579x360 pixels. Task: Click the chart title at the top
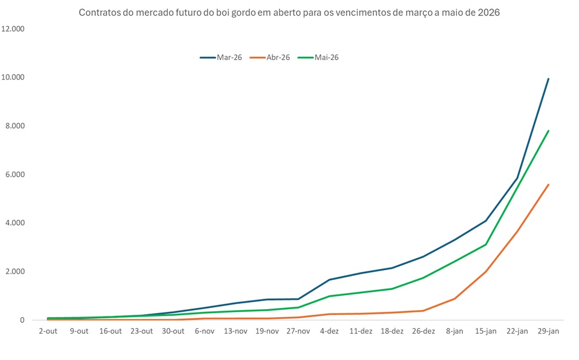tap(289, 13)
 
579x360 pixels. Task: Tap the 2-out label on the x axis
tap(48, 331)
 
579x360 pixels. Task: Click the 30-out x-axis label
tap(174, 331)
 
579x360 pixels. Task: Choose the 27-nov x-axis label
tap(298, 331)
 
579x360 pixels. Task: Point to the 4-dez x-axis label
tap(330, 331)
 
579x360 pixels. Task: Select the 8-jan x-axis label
tap(455, 331)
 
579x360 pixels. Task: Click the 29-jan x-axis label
tap(549, 331)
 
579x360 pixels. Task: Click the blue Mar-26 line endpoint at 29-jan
tap(549, 79)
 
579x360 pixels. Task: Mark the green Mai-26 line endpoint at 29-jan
tap(549, 131)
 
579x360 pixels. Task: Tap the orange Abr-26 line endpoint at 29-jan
tap(549, 185)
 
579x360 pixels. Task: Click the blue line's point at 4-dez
tap(330, 280)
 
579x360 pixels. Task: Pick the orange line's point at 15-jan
tap(486, 272)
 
